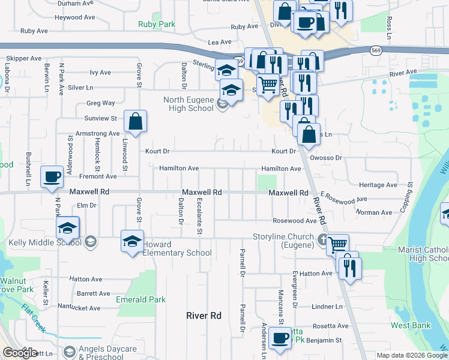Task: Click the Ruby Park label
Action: click(156, 25)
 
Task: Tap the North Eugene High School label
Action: click(189, 104)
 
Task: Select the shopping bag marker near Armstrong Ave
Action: click(136, 121)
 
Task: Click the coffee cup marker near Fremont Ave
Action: click(52, 177)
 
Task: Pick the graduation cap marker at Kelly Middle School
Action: click(68, 228)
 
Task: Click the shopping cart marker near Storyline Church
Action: click(338, 244)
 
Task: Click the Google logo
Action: click(20, 353)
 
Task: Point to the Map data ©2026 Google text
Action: click(412, 355)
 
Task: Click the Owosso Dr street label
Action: click(327, 158)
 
